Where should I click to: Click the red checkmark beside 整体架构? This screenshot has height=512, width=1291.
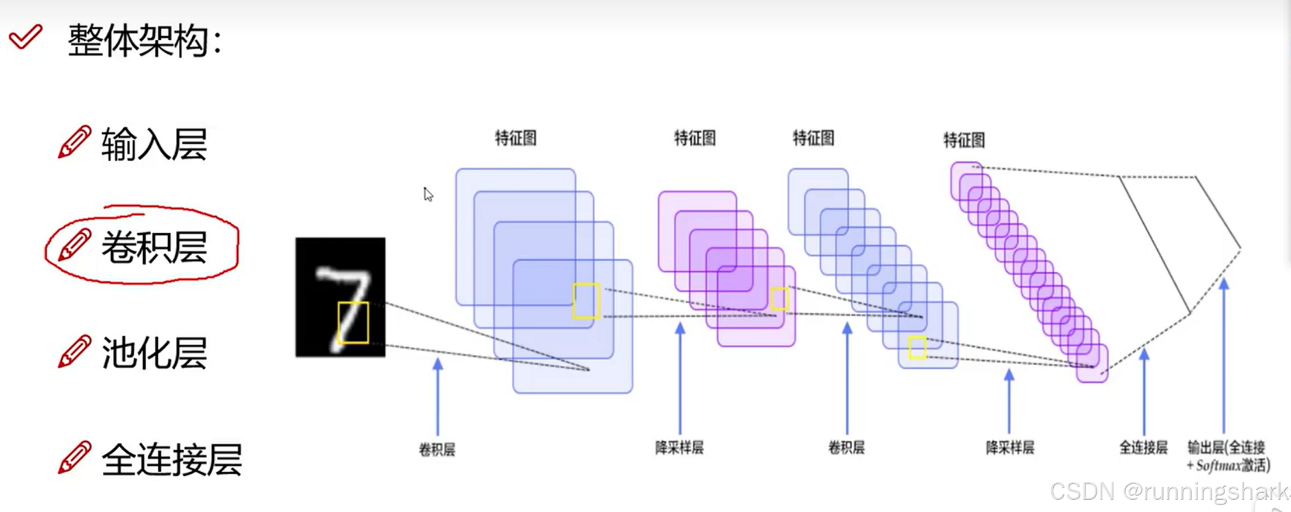[x=25, y=37]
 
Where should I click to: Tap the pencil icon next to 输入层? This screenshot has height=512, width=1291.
[x=74, y=141]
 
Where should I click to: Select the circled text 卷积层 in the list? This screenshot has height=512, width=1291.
[x=154, y=247]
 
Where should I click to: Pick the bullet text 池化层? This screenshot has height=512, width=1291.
[x=154, y=353]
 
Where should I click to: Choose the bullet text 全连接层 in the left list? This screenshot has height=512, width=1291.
[x=172, y=459]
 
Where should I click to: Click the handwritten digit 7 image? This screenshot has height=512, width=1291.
[x=340, y=297]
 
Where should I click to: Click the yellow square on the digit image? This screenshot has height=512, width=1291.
[x=353, y=323]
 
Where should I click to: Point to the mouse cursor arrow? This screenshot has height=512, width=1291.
[x=428, y=195]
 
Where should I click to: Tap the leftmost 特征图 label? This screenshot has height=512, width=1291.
[x=515, y=139]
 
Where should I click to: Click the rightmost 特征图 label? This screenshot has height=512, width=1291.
[x=964, y=140]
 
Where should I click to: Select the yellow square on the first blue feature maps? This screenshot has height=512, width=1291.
[x=586, y=300]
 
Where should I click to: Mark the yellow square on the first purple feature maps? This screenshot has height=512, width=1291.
[x=779, y=299]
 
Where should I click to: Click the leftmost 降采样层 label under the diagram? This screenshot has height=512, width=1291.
[x=679, y=448]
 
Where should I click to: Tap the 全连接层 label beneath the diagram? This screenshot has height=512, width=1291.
[x=1143, y=448]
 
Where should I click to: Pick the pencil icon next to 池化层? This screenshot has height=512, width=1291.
[x=74, y=351]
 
